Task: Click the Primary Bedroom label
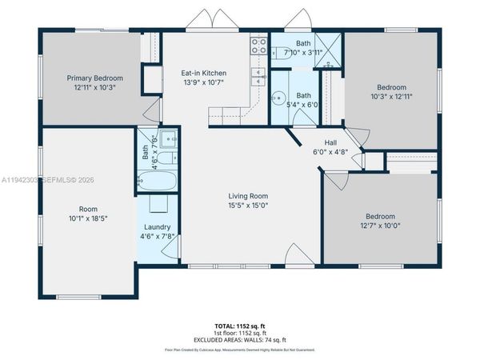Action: tap(95, 78)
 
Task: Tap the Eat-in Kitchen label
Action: tap(206, 73)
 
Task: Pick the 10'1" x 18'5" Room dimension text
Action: tap(88, 218)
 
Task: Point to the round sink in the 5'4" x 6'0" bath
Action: tap(278, 98)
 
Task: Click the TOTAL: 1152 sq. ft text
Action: tap(240, 326)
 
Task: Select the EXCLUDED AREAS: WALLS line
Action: tap(240, 340)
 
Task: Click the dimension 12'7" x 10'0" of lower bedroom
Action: tap(380, 225)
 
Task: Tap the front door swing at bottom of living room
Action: tap(294, 255)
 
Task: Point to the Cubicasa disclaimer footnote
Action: tap(240, 350)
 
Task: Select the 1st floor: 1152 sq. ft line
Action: tap(240, 334)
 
